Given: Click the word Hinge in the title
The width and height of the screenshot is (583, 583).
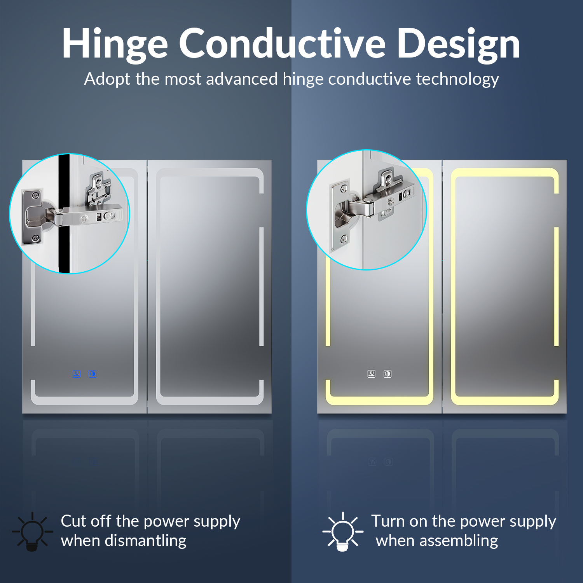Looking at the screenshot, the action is (x=115, y=44).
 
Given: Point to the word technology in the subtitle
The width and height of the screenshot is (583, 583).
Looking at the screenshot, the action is (x=457, y=79).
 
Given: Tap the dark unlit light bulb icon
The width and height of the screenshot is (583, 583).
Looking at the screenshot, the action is (x=32, y=531).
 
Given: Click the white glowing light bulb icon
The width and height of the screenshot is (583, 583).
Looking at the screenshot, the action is (x=342, y=531).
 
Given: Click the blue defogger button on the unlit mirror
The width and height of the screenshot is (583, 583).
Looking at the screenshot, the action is (x=77, y=374).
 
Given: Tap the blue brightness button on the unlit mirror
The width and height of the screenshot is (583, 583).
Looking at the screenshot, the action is (x=93, y=374).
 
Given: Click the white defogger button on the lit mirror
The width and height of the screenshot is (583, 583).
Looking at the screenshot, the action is (x=372, y=374).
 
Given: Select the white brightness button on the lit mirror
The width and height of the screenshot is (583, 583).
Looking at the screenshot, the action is (x=388, y=374).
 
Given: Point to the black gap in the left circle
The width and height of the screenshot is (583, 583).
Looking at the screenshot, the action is (x=64, y=214).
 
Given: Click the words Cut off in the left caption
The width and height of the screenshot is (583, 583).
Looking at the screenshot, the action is (x=86, y=521).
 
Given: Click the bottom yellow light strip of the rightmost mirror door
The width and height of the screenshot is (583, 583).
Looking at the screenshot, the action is (x=505, y=401).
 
